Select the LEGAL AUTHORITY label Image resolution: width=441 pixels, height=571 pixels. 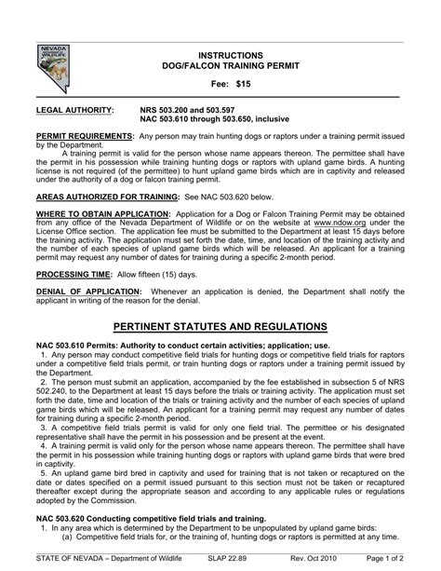coord(72,110)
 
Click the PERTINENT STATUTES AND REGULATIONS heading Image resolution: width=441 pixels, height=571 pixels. coord(220,328)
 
